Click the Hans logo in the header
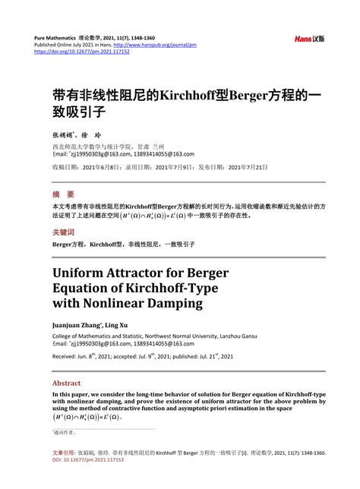point(308,39)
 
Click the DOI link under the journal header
point(81,52)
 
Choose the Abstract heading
point(66,383)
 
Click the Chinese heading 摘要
point(63,194)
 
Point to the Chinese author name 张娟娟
point(65,133)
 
